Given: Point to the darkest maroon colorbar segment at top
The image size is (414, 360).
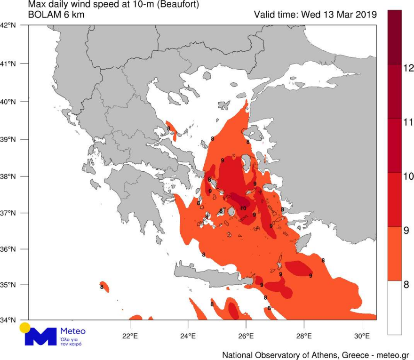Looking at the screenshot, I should tap(395, 37).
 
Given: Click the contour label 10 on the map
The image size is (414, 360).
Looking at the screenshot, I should tap(243, 208).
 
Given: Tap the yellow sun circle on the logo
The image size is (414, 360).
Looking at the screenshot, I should tap(25, 328).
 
